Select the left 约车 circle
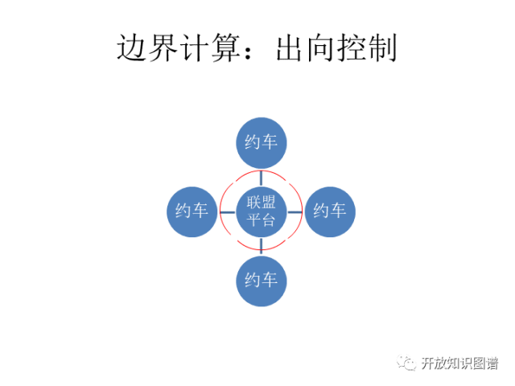coord(192,211)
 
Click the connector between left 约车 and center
coord(226,211)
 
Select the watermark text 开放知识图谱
coord(459,363)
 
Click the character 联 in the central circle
coord(253,202)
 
